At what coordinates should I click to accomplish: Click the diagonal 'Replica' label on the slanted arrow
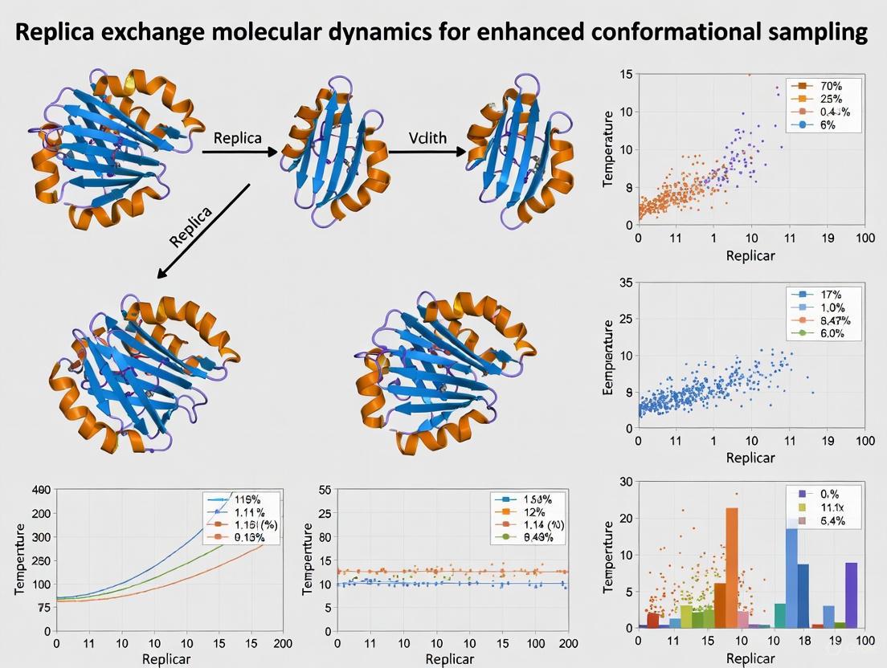click(191, 227)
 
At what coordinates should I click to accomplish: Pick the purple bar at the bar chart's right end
click(851, 594)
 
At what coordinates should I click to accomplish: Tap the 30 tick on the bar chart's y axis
click(624, 481)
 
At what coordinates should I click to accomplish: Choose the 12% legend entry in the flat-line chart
click(529, 511)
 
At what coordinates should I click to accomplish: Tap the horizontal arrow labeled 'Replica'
click(239, 151)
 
